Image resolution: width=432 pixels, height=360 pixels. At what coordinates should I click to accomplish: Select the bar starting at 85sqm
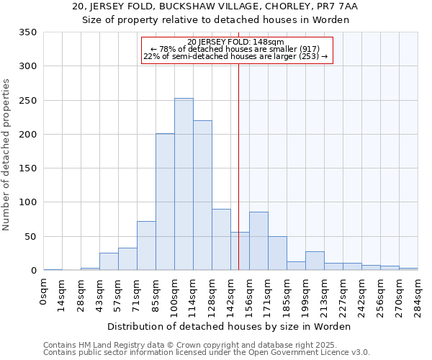pos(165,202)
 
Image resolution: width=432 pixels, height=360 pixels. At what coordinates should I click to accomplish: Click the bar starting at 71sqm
pos(146,246)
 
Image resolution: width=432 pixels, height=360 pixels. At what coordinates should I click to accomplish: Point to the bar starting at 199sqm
pos(315,261)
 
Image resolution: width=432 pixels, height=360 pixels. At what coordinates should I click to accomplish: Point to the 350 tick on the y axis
pos(28,32)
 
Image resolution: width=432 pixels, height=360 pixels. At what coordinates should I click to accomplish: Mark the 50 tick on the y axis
pos(31,237)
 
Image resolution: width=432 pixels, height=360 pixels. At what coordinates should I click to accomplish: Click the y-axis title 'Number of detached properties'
pos(7,156)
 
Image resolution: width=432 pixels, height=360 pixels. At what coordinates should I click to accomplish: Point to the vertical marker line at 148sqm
pos(238,166)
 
